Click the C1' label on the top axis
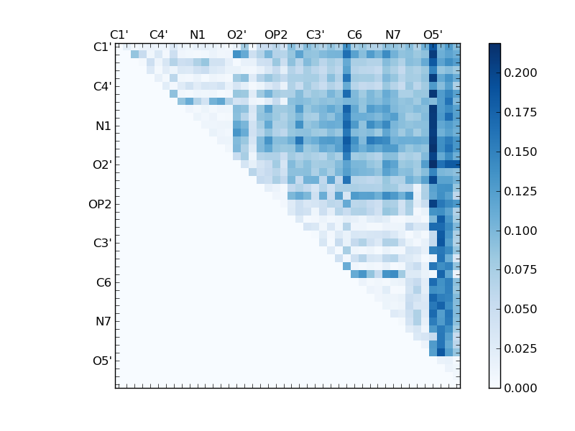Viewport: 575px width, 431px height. click(119, 34)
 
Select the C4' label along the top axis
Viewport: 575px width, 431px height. click(158, 34)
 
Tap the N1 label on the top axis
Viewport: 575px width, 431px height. click(198, 34)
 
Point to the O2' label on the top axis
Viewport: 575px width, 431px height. click(236, 34)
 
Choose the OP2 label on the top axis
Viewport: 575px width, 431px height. click(276, 34)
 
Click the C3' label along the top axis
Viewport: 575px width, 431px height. click(315, 34)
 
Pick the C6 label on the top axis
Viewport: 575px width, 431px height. click(354, 34)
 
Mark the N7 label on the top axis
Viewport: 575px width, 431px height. click(393, 34)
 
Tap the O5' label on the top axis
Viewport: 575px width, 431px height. click(433, 34)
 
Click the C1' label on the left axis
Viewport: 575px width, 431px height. click(102, 47)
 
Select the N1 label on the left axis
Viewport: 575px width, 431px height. click(103, 126)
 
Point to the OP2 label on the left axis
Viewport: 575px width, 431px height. click(101, 204)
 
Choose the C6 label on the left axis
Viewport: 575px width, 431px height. click(103, 282)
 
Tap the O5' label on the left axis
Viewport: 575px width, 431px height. click(102, 361)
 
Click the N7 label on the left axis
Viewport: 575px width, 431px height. click(103, 322)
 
